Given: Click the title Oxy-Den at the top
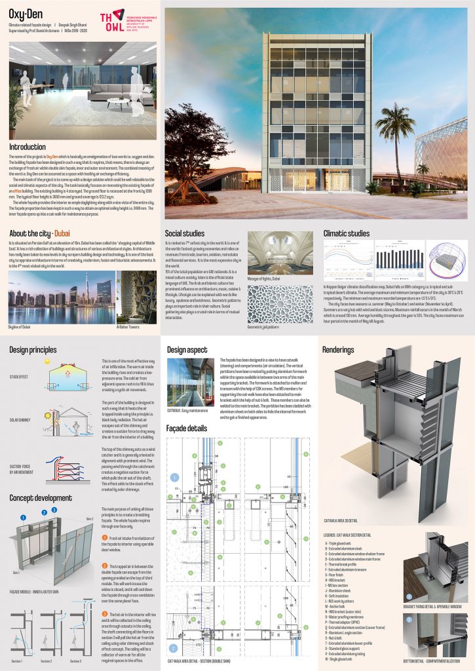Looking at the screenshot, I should tap(22, 13).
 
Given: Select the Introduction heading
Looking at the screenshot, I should tap(28, 147).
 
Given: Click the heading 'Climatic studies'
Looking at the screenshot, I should tap(347, 233).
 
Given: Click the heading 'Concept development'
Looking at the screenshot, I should tap(41, 498).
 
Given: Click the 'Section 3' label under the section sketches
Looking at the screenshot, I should tap(76, 661).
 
